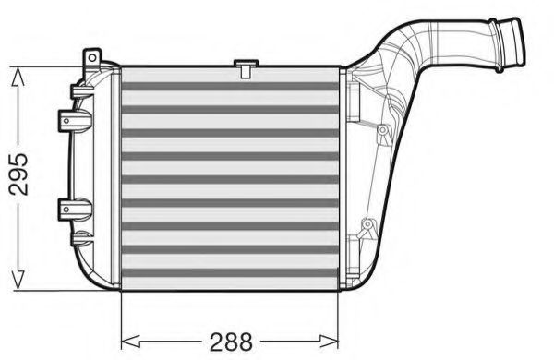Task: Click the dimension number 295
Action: click(x=18, y=174)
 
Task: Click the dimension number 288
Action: click(x=231, y=342)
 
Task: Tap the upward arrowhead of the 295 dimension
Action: click(x=18, y=77)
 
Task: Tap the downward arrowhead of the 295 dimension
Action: click(x=18, y=281)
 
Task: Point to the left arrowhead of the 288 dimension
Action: click(x=131, y=342)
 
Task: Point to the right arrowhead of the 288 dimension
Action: click(x=329, y=342)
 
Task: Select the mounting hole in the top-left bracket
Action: click(x=92, y=57)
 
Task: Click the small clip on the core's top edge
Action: click(x=246, y=68)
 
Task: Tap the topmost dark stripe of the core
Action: click(x=230, y=86)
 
